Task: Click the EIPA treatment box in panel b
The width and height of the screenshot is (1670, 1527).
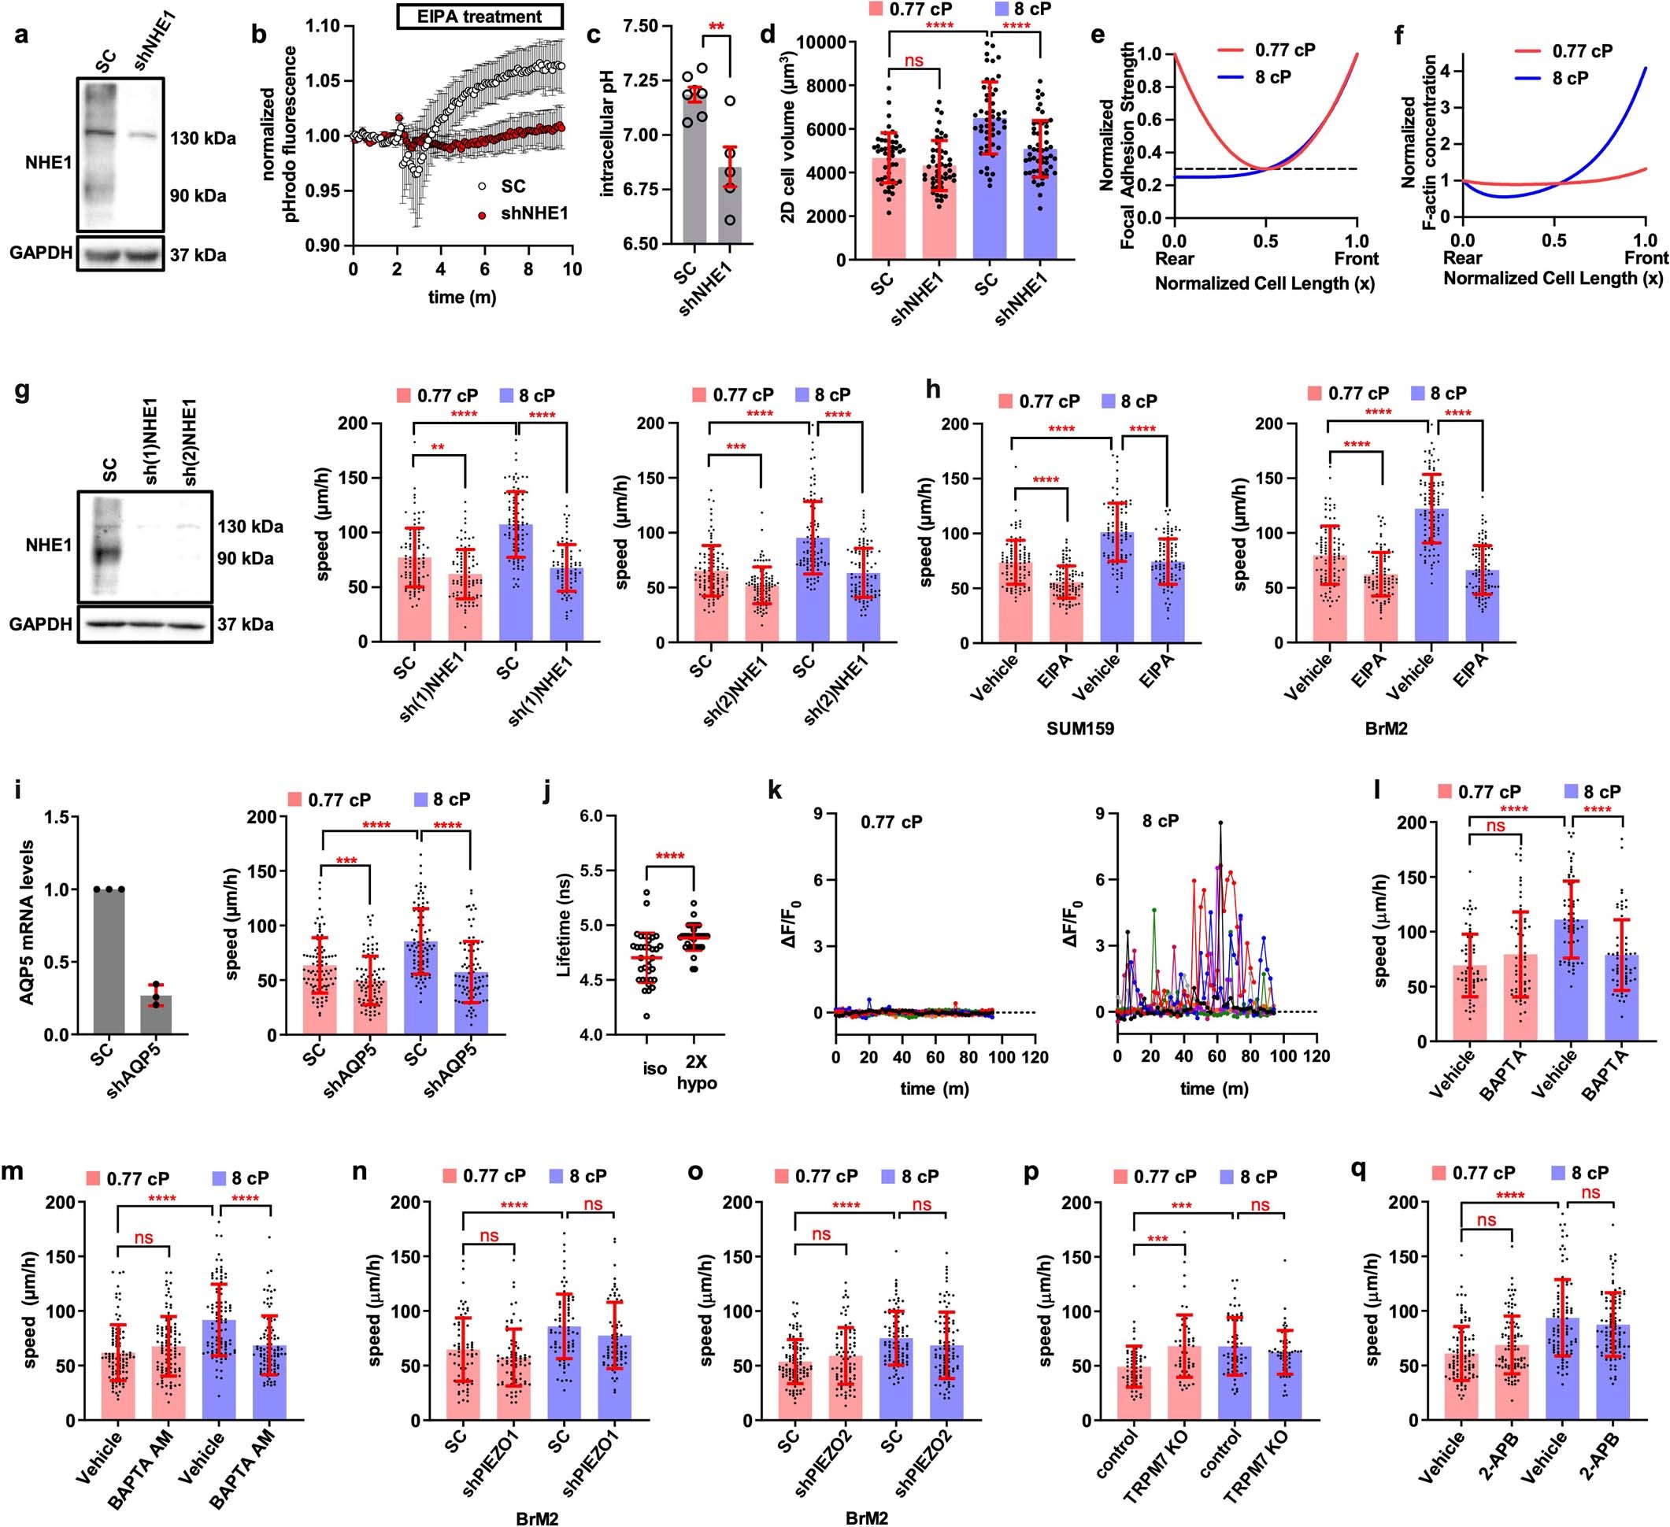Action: click(x=480, y=17)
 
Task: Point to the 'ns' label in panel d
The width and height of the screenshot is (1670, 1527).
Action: click(x=913, y=61)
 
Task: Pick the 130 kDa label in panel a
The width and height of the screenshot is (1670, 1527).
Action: click(x=203, y=139)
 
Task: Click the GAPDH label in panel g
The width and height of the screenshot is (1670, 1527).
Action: click(x=39, y=623)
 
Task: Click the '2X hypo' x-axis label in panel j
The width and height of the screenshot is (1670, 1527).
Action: click(x=696, y=1075)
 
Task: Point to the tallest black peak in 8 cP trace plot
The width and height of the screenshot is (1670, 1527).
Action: click(x=1220, y=823)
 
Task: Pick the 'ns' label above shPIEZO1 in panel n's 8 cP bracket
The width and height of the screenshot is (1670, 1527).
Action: click(x=593, y=1204)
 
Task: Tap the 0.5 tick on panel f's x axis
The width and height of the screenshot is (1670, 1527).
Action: click(x=1554, y=241)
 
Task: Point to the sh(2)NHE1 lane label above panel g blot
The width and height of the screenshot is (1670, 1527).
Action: click(x=190, y=443)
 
